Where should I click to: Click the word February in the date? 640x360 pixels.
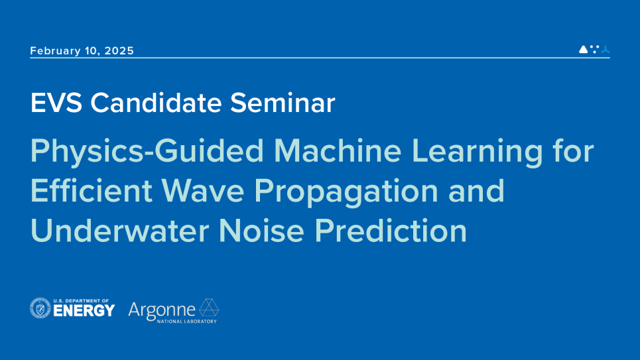point(56,51)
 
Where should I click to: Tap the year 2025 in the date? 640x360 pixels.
point(119,50)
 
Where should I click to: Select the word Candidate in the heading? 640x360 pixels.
point(156,102)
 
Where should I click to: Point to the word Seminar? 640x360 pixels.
point(283,102)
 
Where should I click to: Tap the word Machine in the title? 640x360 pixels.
point(338,150)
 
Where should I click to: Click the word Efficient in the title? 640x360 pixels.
point(92,191)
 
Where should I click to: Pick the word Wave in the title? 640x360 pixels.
point(202,191)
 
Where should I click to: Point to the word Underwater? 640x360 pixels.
point(119,231)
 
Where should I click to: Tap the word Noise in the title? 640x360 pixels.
point(261,231)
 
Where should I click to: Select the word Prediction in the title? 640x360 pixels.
point(391,231)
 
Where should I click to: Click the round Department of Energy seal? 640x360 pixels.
point(40,308)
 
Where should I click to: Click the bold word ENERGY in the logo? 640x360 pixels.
point(84,311)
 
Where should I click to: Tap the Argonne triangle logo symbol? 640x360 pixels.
point(209,308)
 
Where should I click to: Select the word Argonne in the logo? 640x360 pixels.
point(162,311)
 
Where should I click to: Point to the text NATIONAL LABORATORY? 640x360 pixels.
point(187,322)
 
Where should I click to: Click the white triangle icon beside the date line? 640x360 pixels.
point(583,49)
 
